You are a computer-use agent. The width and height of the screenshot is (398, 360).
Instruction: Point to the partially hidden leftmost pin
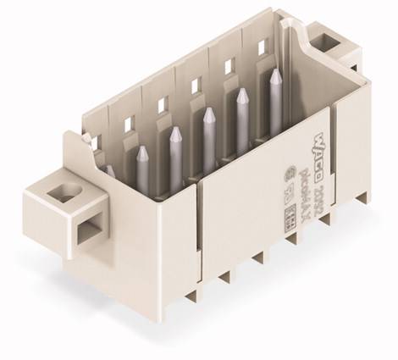111,170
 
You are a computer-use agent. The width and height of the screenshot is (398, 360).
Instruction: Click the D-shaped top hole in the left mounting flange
60,195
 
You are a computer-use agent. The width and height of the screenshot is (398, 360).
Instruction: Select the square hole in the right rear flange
324,39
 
